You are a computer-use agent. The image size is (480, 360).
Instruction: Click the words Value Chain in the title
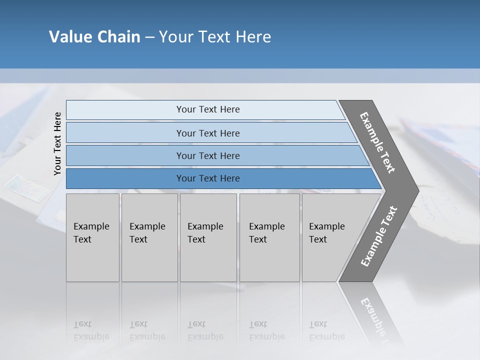point(94,37)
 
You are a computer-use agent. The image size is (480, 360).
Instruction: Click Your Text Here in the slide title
point(215,37)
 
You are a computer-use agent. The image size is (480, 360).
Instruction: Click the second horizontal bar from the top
point(208,133)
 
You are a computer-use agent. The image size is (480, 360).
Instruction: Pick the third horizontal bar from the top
point(208,155)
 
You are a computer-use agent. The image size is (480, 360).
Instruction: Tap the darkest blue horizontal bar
point(208,178)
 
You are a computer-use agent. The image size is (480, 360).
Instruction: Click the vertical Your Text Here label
point(57,143)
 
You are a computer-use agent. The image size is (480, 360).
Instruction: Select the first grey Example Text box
point(92,237)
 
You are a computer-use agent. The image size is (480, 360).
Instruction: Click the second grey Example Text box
point(149,237)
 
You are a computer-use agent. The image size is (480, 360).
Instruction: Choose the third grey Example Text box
point(208,237)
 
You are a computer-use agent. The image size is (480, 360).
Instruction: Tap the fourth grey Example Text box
point(269,237)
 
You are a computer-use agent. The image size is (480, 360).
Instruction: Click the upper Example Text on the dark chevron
point(377,142)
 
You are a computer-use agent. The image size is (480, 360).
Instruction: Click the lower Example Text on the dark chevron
point(378,236)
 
